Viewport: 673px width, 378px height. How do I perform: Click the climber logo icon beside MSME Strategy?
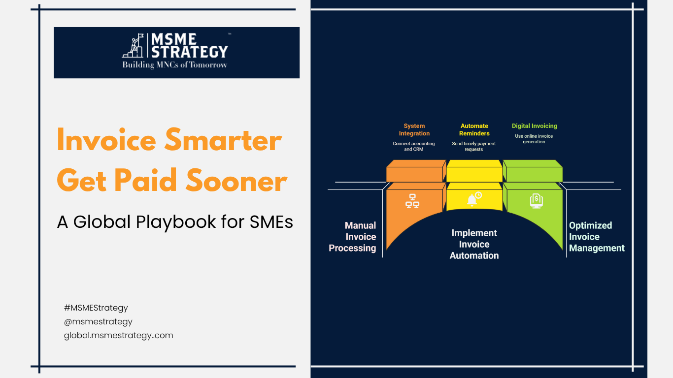(x=133, y=45)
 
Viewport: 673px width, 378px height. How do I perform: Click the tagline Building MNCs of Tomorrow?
(x=174, y=65)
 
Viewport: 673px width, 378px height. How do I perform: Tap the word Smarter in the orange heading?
(x=223, y=140)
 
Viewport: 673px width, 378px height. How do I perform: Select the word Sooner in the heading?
(x=236, y=181)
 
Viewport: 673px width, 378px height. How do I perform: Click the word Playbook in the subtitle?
(x=176, y=222)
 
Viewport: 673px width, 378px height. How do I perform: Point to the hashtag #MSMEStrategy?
(x=96, y=308)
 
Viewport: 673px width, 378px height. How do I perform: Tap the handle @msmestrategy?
(x=98, y=321)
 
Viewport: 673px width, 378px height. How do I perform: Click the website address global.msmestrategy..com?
(x=118, y=335)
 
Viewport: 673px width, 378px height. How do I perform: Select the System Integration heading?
(x=414, y=130)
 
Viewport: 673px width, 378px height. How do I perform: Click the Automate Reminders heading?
(x=474, y=130)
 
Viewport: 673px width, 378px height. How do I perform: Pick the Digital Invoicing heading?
(x=534, y=126)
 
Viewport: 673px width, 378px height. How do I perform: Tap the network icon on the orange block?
(x=412, y=201)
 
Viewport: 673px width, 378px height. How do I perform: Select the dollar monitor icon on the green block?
(x=537, y=201)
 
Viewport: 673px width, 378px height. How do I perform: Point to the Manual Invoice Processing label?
(x=352, y=237)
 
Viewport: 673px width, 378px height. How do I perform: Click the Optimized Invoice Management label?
(x=597, y=237)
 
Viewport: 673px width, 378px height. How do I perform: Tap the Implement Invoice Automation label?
(x=474, y=245)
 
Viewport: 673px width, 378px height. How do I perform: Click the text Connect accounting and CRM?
(x=414, y=147)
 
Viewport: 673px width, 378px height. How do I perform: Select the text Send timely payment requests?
(x=474, y=147)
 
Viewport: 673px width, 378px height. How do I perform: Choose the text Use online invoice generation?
(x=534, y=139)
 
